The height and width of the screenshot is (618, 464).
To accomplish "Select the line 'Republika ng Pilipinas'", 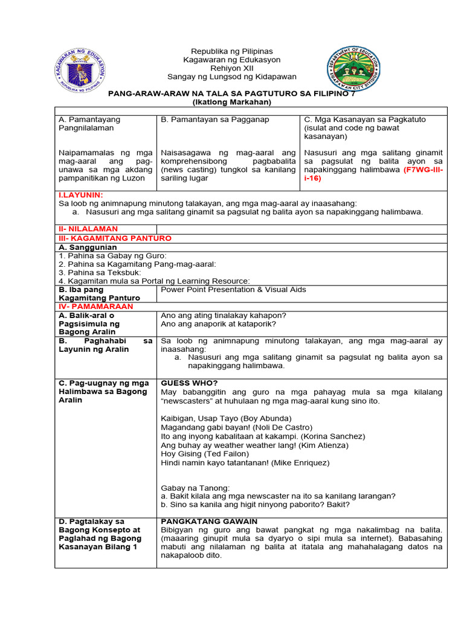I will (232, 51).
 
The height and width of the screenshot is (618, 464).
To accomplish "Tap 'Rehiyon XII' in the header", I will (232, 68).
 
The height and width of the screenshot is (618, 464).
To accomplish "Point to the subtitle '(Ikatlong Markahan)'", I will (232, 102).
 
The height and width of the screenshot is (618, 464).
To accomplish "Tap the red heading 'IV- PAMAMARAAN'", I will (91, 306).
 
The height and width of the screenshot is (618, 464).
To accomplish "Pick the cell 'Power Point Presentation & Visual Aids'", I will (233, 290).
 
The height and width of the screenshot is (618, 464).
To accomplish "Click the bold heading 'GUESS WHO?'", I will (189, 383).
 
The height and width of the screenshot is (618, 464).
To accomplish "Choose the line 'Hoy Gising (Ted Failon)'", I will (204, 454).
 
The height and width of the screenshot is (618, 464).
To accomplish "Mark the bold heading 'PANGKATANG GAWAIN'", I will (209, 521).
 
